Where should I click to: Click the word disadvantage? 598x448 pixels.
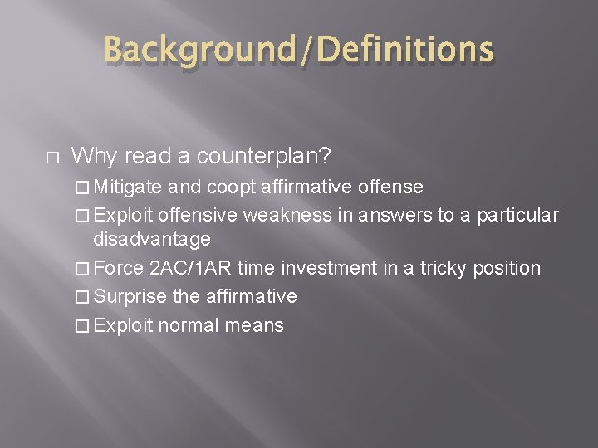pyautogui.click(x=152, y=240)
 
